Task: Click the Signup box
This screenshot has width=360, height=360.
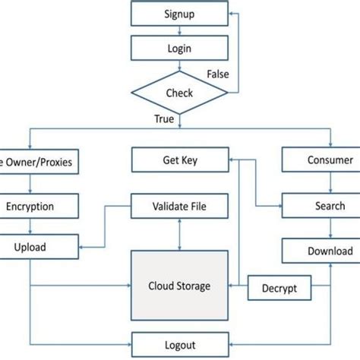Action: pyautogui.click(x=179, y=14)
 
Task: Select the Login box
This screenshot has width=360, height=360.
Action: pyautogui.click(x=179, y=49)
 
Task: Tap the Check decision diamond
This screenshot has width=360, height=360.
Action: pyautogui.click(x=179, y=93)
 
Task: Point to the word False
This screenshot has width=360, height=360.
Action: pyautogui.click(x=218, y=74)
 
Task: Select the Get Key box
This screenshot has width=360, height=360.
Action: pyautogui.click(x=179, y=160)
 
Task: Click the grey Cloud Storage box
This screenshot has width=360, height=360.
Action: pyautogui.click(x=179, y=286)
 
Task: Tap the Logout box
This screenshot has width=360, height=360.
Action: pyautogui.click(x=179, y=342)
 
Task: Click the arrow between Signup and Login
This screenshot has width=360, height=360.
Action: pyautogui.click(x=179, y=30)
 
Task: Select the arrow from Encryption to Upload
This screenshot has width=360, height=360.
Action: pyautogui.click(x=30, y=226)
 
